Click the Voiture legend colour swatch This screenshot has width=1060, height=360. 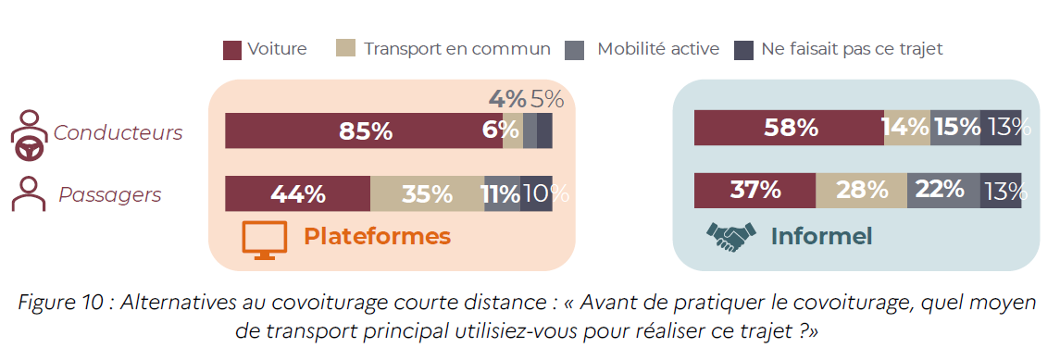(x=231, y=51)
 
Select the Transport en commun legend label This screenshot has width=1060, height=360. (x=457, y=49)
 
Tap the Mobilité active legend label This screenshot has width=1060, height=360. (x=658, y=49)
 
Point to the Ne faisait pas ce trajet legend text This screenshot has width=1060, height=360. (x=852, y=49)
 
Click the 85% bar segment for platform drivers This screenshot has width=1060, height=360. (x=364, y=131)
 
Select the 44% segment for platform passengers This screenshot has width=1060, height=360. (x=297, y=193)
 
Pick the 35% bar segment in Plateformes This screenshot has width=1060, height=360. (x=428, y=193)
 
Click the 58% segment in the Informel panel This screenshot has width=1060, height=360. (x=789, y=127)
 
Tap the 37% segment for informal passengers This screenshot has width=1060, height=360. (x=755, y=191)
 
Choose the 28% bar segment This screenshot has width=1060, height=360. (x=861, y=191)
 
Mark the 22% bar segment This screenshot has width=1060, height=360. (x=943, y=191)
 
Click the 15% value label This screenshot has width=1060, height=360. (x=956, y=126)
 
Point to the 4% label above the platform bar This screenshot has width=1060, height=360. (x=507, y=99)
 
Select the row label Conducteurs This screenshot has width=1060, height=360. (x=118, y=133)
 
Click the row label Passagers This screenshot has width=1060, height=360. (x=110, y=195)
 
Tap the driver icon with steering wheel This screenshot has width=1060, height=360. (x=29, y=134)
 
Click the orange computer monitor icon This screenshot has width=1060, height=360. (x=265, y=241)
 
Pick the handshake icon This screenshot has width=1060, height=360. (x=730, y=237)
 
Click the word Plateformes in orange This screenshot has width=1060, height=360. (x=377, y=236)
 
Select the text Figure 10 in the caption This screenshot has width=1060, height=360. (x=62, y=303)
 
